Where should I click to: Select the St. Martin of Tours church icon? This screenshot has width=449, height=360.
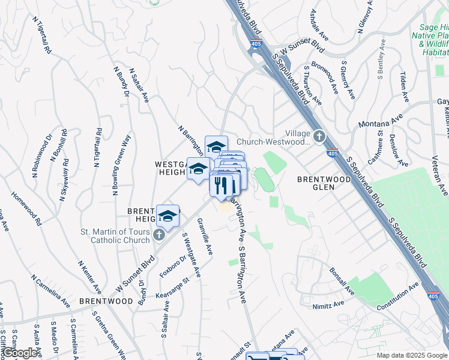158,235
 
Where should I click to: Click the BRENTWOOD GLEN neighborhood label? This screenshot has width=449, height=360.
324,183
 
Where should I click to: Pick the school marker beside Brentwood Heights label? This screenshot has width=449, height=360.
168,217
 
